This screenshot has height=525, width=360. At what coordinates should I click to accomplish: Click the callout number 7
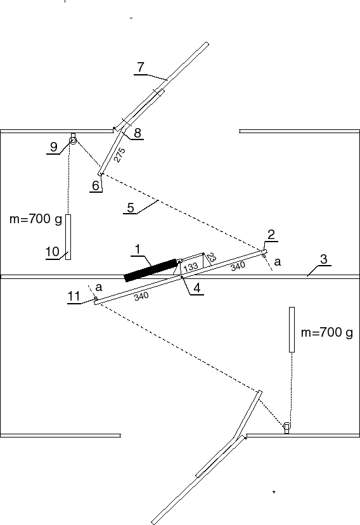tap(141, 67)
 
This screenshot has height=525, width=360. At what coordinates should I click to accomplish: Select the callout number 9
tap(53, 146)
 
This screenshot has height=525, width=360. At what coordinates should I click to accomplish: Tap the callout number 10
tap(53, 252)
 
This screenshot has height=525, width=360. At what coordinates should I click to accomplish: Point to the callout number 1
tap(138, 249)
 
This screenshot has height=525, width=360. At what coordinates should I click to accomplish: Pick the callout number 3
tap(323, 259)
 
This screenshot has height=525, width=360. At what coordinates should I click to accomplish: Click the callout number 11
tap(74, 296)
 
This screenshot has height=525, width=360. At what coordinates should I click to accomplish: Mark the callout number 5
tap(131, 208)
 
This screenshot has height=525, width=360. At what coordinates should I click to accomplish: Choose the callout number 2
tap(271, 235)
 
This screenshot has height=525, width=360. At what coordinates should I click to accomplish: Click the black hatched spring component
tap(151, 270)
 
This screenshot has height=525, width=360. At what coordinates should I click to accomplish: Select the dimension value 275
tap(119, 155)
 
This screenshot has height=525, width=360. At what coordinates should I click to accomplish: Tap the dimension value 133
tap(191, 267)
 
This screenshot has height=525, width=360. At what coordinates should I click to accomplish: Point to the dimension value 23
tap(212, 257)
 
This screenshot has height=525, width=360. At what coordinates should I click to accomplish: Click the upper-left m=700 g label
tap(35, 219)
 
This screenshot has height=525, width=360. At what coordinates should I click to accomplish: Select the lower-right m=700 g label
tap(327, 332)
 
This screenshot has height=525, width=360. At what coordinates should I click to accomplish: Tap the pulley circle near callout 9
tap(73, 140)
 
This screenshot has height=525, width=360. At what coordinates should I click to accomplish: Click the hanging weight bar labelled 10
tap(68, 237)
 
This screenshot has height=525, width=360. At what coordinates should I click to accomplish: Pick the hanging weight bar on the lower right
tap(292, 330)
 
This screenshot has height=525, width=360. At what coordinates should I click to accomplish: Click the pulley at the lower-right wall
tap(286, 426)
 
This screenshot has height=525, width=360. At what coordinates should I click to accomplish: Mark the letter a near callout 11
tap(99, 287)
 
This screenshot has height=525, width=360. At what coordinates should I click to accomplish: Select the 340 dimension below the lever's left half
tap(141, 296)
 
